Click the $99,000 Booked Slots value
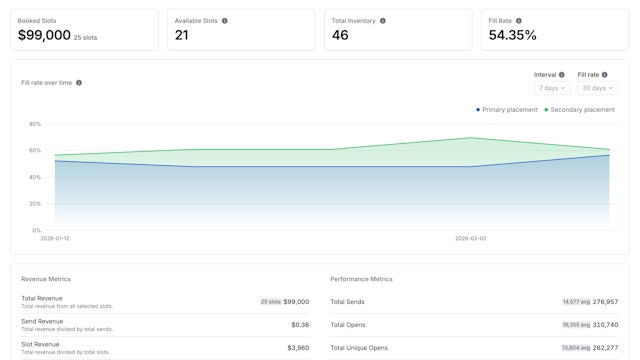click(44, 35)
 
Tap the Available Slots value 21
click(181, 35)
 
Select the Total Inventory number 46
click(340, 35)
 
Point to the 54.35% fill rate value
click(512, 35)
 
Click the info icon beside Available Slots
click(224, 20)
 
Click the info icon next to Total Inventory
click(383, 20)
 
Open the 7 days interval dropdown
click(552, 88)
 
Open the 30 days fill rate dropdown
click(596, 88)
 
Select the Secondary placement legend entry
click(579, 110)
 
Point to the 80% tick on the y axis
click(35, 124)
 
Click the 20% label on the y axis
click(35, 204)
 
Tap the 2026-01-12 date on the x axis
click(55, 239)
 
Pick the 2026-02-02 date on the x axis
click(470, 239)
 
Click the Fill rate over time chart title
click(46, 83)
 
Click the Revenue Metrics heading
click(46, 279)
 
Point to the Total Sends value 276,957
click(605, 301)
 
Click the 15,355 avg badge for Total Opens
click(575, 325)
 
